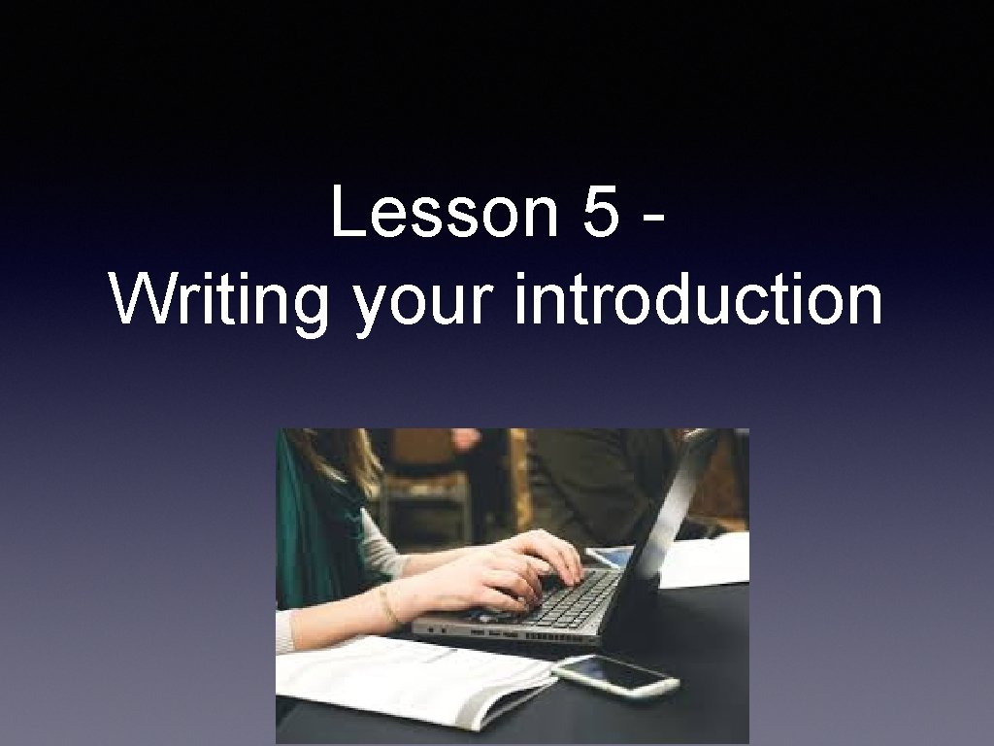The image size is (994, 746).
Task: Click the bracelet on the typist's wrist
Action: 388,606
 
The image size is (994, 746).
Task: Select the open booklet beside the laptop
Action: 408,680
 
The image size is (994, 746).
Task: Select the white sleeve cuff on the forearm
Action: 284,631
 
